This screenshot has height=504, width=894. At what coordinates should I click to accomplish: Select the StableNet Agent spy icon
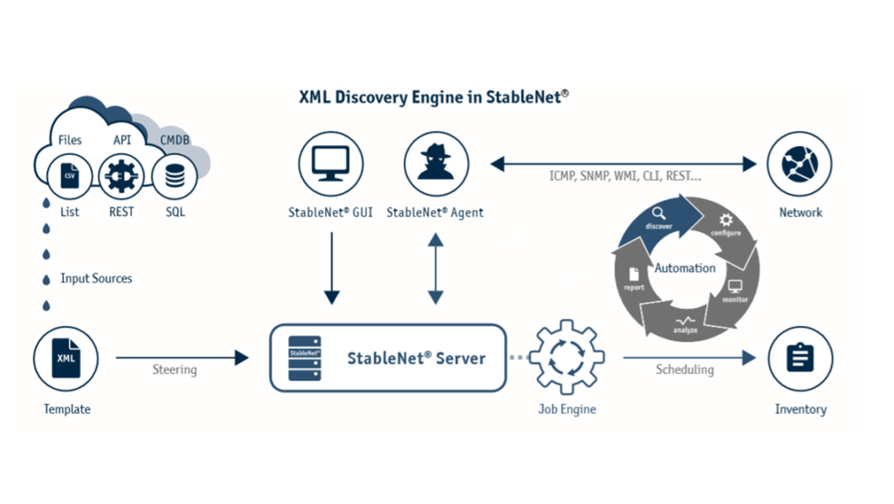pos(435,164)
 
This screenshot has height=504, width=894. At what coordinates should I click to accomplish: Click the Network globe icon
pos(800,164)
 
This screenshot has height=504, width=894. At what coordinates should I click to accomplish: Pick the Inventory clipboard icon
pos(800,359)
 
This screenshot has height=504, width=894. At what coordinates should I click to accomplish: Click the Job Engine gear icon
pos(567,358)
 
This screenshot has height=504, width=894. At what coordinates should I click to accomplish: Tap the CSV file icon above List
pos(70,176)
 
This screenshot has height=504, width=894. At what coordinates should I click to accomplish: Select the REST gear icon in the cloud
pos(122,176)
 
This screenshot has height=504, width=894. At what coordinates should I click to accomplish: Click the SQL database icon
pos(175,176)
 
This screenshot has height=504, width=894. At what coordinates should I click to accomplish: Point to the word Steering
pos(175,370)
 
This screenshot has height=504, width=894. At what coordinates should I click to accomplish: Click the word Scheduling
pos(685,370)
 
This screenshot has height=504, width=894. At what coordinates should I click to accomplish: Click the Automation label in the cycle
pos(685,269)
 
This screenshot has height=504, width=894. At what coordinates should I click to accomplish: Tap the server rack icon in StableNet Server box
pos(305,358)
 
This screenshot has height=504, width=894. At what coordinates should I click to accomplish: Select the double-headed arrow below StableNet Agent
pos(435,267)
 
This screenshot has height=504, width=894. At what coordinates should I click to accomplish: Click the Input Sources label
pos(96,279)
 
